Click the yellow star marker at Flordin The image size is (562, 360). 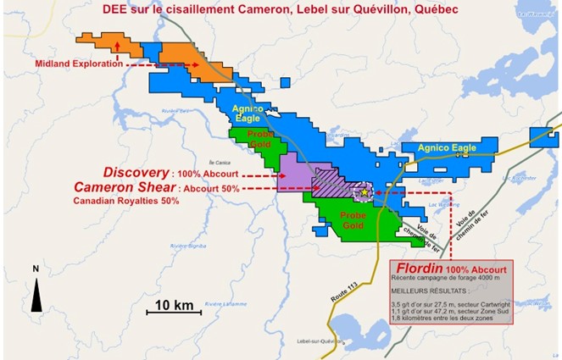[364, 192]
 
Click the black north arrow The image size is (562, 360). [35, 292]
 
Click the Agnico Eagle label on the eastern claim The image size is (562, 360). [447, 148]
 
